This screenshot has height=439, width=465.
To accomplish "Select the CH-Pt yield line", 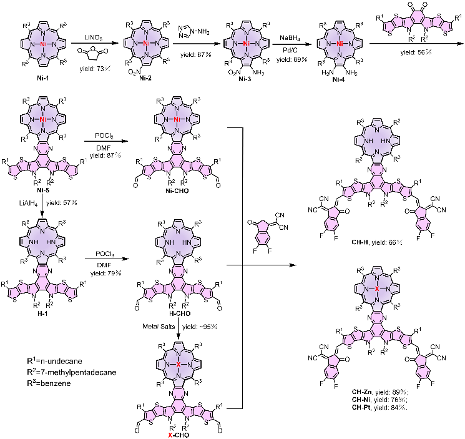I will coord(379,408).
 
